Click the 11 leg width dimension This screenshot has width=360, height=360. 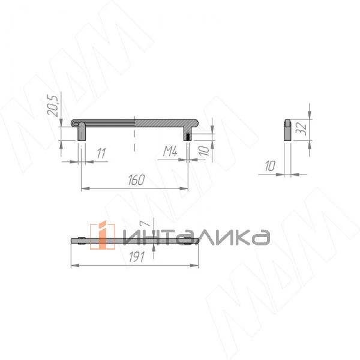point(100,153)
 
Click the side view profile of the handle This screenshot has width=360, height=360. point(287,130)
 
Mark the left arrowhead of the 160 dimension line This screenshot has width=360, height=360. point(83,189)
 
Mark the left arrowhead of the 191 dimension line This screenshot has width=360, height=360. point(74,266)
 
